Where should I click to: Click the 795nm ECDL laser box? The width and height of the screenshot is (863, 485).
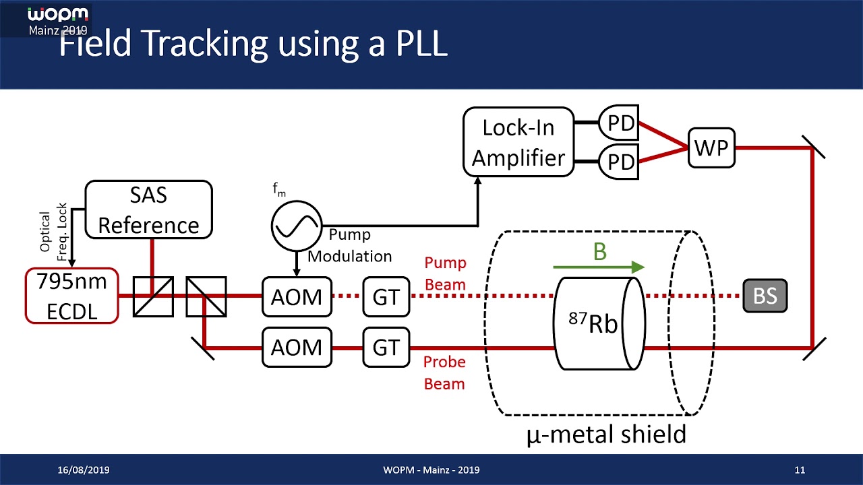71,296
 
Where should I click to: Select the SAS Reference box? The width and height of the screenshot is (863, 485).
148,209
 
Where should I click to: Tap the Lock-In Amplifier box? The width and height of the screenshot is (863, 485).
518,142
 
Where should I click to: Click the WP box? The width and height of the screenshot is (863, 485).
711,147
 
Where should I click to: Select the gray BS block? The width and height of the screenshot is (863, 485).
765,296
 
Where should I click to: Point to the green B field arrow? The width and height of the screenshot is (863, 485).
599,267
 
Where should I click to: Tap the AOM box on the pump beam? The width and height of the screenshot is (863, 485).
297,296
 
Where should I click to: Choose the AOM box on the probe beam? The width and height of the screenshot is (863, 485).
297,348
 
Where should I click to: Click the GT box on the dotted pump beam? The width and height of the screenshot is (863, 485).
386,296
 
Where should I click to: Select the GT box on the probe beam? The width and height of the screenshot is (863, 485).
386,348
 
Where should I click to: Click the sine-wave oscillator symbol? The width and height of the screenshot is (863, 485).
297,226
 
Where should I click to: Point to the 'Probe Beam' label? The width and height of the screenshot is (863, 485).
444,373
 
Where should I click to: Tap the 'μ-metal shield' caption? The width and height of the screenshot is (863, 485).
606,434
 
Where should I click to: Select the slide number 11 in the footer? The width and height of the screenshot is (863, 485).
800,470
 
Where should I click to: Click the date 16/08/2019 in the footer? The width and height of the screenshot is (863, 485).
84,470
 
